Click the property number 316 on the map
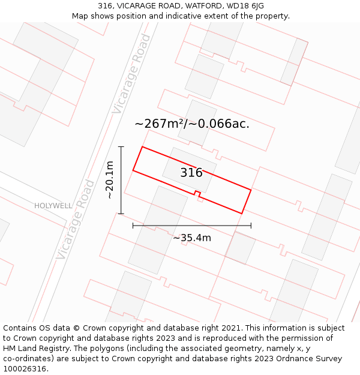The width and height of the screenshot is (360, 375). [x=191, y=173]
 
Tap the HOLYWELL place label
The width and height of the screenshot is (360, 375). [x=53, y=206]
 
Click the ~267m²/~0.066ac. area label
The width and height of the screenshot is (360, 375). [x=192, y=124]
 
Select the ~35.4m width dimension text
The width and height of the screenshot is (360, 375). [x=192, y=238]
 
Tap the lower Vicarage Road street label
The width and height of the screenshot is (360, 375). [x=75, y=220]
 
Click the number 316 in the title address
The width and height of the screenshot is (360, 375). [x=106, y=6]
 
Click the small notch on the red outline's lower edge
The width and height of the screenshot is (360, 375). [x=197, y=193]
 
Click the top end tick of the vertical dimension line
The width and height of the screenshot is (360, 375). [x=121, y=146]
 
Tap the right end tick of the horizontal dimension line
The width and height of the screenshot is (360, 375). [x=251, y=226]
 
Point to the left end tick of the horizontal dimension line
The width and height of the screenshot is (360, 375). [x=133, y=226]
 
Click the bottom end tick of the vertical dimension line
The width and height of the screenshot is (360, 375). [x=121, y=214]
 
